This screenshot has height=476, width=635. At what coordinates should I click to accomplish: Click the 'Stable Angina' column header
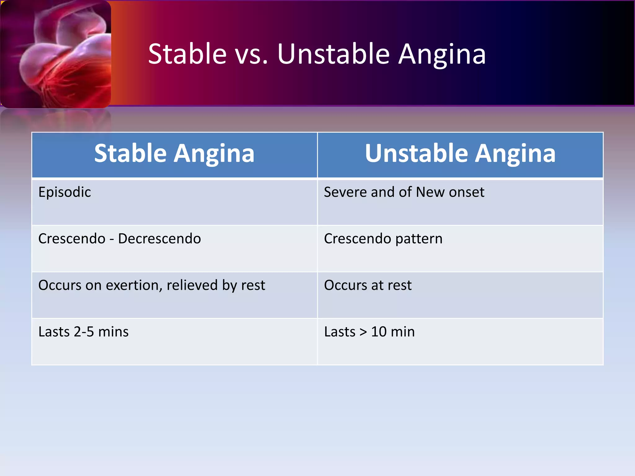click(x=174, y=154)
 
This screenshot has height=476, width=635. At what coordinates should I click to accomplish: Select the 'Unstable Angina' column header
click(x=460, y=154)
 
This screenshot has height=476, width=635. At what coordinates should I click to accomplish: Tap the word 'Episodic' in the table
click(x=64, y=192)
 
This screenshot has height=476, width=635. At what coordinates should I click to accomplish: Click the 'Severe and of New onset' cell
click(x=404, y=192)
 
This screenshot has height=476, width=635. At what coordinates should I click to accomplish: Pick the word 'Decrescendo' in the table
click(x=159, y=239)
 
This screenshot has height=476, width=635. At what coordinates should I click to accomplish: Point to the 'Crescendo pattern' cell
click(x=383, y=239)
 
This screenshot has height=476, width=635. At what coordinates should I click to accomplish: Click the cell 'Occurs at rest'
click(x=368, y=285)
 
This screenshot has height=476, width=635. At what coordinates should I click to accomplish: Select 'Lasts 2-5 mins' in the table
click(x=83, y=332)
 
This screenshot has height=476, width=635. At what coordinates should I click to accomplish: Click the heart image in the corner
click(x=56, y=54)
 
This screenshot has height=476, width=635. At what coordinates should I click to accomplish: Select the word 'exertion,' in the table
click(x=134, y=285)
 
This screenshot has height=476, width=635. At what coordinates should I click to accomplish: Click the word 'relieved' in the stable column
click(x=192, y=285)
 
